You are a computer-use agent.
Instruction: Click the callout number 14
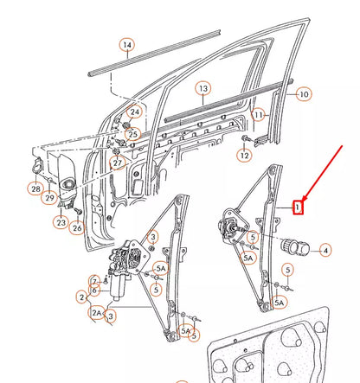(126, 45)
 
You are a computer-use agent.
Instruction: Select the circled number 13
(202, 88)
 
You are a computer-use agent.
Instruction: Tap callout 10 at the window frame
(303, 93)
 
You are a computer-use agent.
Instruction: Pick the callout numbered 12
(245, 156)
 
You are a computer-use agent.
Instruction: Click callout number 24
(135, 113)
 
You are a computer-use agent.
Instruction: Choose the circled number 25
(132, 133)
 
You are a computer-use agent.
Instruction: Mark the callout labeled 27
(118, 162)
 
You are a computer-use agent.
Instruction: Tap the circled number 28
(35, 189)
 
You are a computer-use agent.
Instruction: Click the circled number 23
(61, 222)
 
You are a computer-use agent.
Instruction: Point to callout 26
(78, 228)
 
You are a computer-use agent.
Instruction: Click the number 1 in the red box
(297, 207)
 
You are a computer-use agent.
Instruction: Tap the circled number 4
(325, 251)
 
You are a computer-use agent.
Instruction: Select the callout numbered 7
(95, 282)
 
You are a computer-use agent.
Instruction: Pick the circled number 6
(95, 290)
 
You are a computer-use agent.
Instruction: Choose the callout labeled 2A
(97, 313)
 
